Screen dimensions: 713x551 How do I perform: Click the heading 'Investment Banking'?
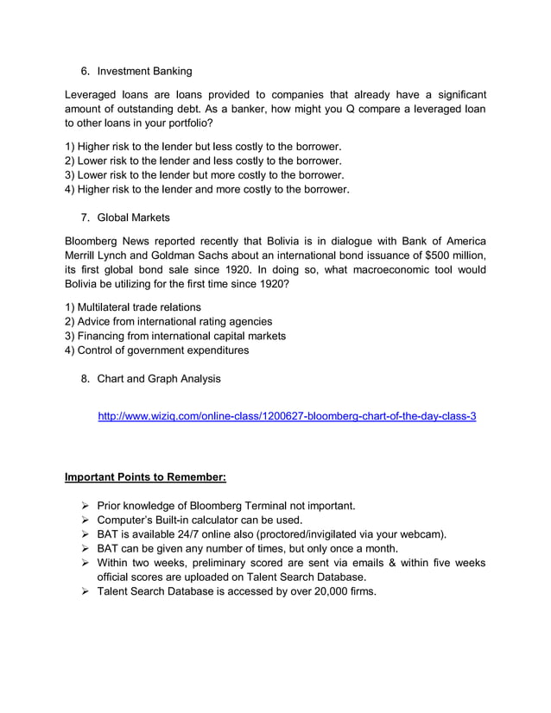click(144, 71)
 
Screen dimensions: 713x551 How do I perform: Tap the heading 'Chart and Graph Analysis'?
click(158, 378)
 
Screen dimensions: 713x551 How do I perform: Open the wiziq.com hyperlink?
click(287, 416)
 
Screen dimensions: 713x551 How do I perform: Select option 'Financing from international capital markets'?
click(180, 336)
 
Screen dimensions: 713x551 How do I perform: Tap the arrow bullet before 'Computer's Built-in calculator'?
click(85, 520)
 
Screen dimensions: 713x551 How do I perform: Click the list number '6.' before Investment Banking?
click(85, 71)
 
